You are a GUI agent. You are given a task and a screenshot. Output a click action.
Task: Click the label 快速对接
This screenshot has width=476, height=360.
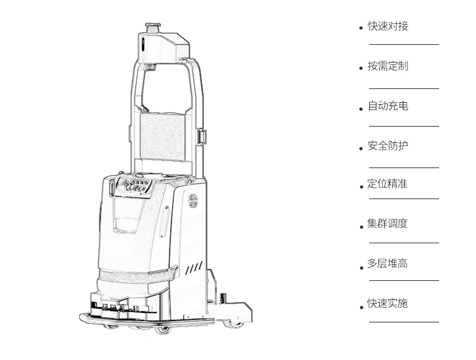(x=388, y=26)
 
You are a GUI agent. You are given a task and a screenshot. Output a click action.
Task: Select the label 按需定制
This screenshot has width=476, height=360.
(x=388, y=66)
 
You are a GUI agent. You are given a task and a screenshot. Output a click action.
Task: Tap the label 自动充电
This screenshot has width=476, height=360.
(x=388, y=106)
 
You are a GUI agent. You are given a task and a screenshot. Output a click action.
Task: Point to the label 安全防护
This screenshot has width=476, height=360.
(x=388, y=146)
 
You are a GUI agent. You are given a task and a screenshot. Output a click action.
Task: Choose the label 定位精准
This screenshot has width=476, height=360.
(x=387, y=184)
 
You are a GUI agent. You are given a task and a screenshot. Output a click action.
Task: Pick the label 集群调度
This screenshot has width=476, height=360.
(x=387, y=224)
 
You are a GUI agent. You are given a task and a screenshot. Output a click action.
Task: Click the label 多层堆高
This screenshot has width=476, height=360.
(x=387, y=263)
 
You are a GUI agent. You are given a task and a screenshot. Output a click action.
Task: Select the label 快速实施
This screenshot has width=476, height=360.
(x=387, y=303)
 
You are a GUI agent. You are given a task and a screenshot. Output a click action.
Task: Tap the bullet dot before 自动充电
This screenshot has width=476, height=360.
(x=361, y=109)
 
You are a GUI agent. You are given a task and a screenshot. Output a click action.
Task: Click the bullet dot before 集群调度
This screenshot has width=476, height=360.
(x=361, y=227)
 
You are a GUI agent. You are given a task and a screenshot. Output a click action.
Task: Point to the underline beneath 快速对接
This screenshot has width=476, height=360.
(x=404, y=44)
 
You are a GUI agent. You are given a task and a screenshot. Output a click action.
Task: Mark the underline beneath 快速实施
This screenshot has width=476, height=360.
(x=404, y=322)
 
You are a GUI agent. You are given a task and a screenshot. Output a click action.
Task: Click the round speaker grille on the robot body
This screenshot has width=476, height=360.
(x=193, y=200)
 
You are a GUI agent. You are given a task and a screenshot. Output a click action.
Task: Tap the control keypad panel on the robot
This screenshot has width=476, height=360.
(x=134, y=185)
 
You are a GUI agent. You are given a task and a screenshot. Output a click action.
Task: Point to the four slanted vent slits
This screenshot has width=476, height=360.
(x=194, y=268)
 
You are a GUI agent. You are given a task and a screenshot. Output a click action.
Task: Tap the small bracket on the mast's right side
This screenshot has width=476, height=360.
(x=202, y=136)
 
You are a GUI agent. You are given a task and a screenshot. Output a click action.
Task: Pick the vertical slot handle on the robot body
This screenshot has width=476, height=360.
(x=165, y=222)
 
